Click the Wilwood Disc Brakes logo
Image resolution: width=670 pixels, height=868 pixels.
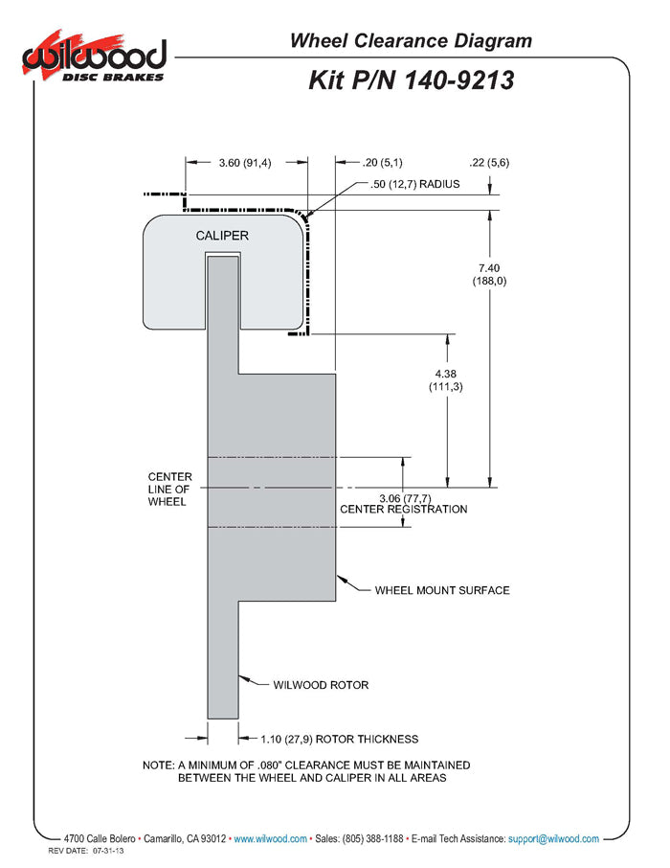[x=94, y=59]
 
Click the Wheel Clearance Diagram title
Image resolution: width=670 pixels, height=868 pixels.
[x=410, y=40]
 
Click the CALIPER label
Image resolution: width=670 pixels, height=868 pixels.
[x=222, y=236]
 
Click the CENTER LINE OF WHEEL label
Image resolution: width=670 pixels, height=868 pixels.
[x=169, y=489]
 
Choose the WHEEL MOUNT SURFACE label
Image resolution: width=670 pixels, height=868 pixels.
[x=441, y=590]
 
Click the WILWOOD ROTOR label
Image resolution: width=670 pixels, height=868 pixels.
[x=321, y=685]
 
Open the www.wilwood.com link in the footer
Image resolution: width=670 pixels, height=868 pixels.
[x=271, y=838]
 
